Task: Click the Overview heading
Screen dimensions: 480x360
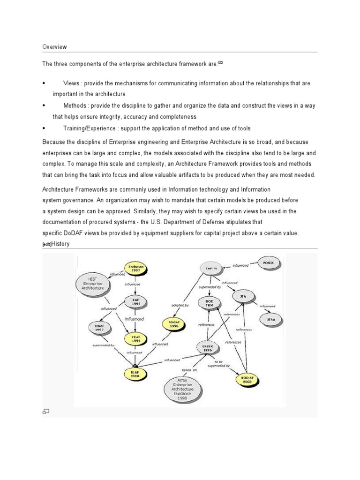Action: click(54, 47)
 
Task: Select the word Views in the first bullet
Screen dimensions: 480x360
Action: click(70, 83)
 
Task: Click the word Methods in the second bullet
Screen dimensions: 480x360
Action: click(74, 105)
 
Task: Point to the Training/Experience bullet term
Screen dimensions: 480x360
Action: click(91, 128)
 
